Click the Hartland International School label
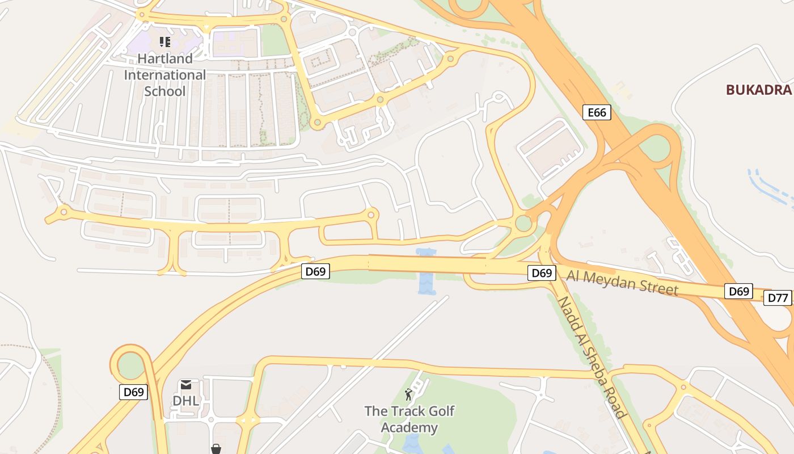165,74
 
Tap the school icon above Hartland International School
165,41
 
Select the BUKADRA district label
758,90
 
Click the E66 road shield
597,112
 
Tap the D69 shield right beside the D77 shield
738,292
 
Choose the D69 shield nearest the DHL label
134,392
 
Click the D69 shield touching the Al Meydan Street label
542,273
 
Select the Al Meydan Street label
622,282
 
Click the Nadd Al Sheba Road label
593,358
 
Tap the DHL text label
185,401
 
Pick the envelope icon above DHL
185,385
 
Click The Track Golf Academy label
409,419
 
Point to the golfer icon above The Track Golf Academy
408,394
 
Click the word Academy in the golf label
409,427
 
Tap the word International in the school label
165,74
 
